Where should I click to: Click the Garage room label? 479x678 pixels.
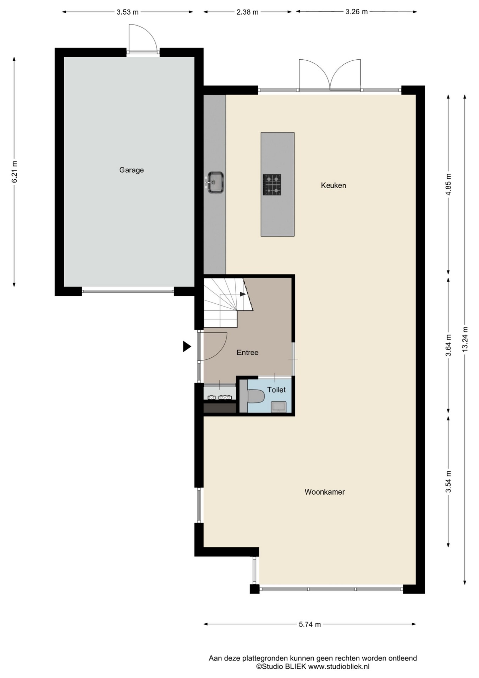point(131,170)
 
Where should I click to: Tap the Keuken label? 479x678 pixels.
point(333,185)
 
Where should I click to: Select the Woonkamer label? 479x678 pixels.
point(325,492)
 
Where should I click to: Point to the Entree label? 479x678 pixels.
point(247,353)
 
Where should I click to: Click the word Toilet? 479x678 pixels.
point(276,390)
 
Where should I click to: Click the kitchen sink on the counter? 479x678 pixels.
point(215,183)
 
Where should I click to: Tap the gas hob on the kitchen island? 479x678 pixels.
point(272,185)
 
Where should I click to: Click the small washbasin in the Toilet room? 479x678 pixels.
point(279,407)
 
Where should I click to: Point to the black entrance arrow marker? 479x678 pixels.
point(187,346)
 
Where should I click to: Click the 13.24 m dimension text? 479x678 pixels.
point(465,339)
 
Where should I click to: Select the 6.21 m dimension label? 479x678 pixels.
point(14,172)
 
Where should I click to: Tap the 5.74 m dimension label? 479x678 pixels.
point(310,624)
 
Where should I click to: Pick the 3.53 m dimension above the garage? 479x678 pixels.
point(127,12)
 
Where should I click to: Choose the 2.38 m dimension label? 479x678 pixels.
point(247,12)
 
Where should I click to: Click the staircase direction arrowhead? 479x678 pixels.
point(243,294)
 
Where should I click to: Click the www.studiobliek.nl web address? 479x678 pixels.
point(338,667)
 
